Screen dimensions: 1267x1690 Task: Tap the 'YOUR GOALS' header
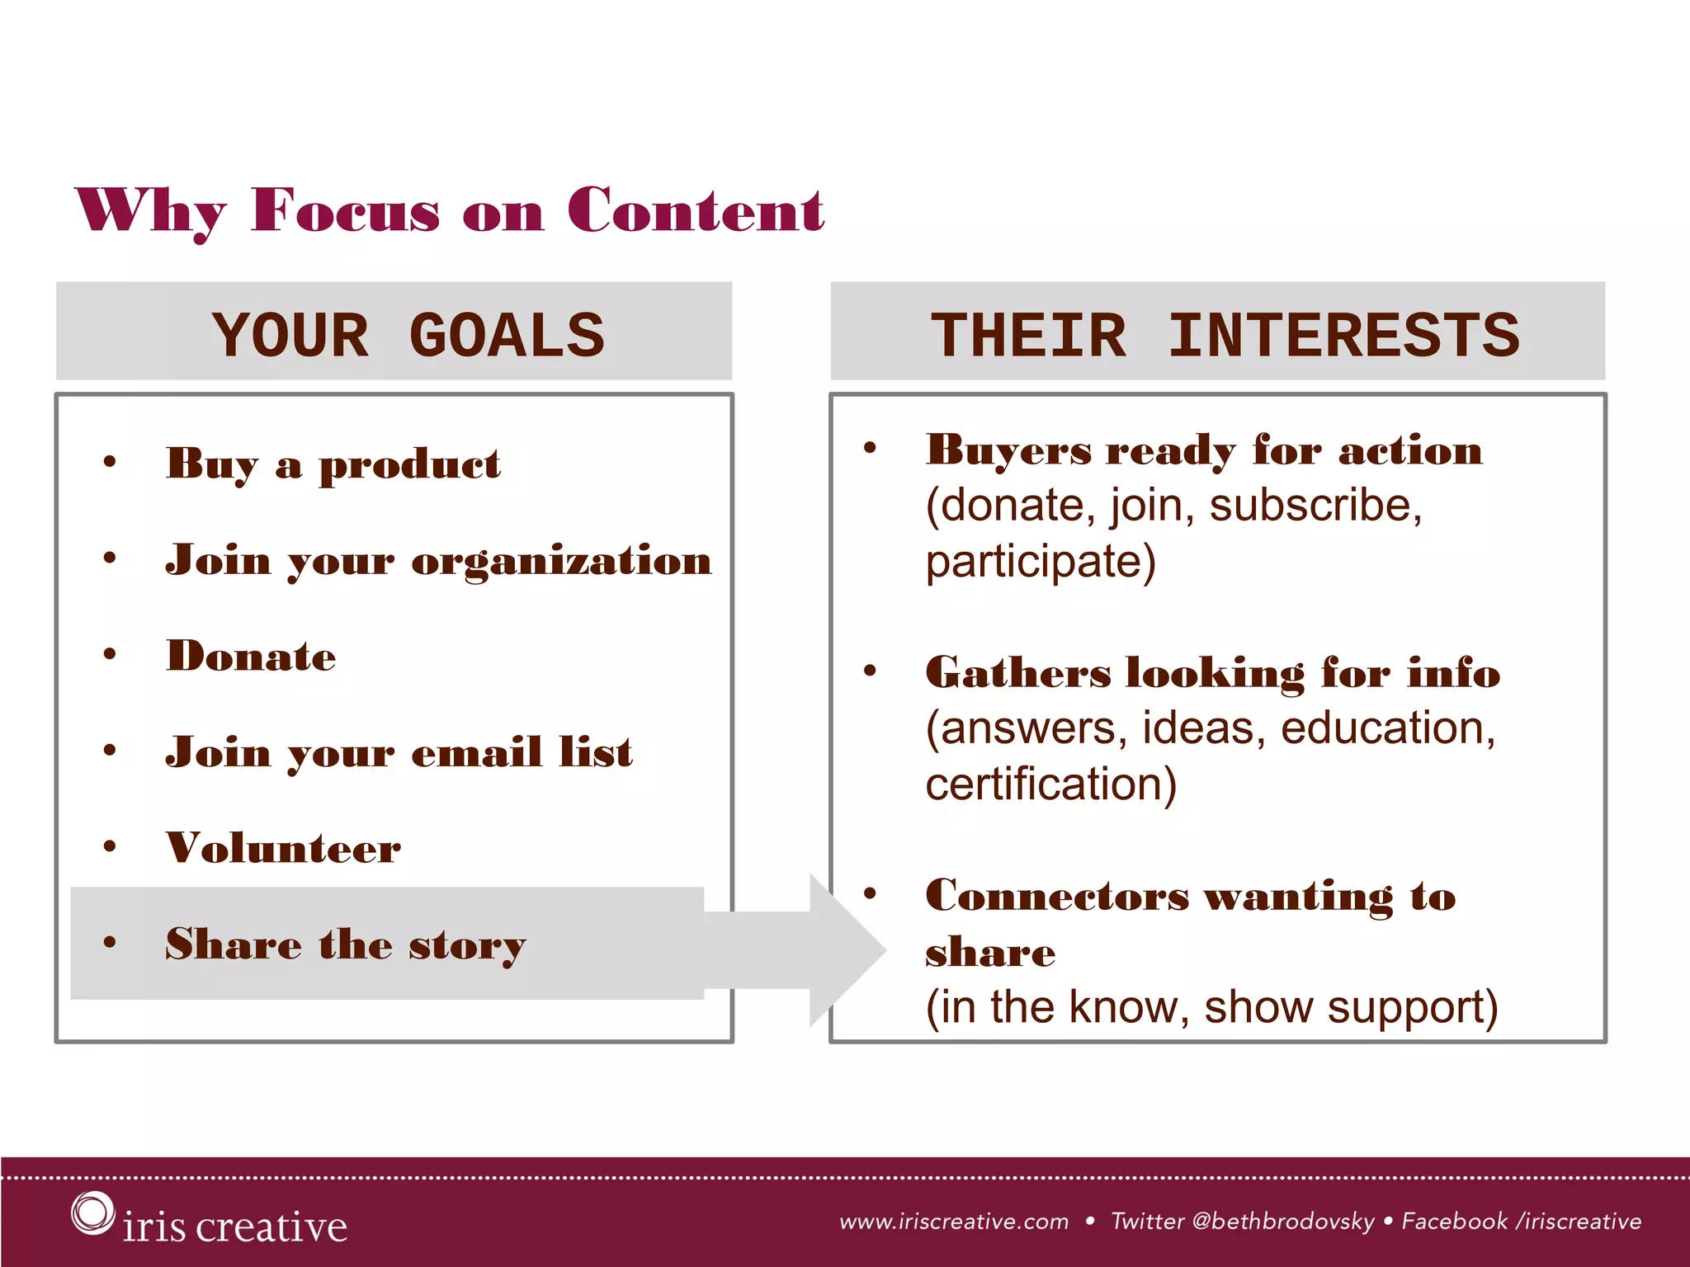(x=408, y=336)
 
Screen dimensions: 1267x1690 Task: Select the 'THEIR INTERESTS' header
(x=1225, y=336)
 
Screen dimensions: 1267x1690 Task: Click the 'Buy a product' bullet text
(x=333, y=464)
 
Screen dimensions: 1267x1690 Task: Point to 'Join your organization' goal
(x=438, y=561)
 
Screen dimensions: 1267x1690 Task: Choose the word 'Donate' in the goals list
(x=251, y=657)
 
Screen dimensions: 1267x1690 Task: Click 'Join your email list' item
(x=399, y=752)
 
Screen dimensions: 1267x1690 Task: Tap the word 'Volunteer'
(x=283, y=848)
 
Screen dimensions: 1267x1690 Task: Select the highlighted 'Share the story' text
(x=345, y=944)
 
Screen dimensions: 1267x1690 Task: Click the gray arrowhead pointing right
(x=846, y=949)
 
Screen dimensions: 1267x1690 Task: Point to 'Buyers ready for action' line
(x=1204, y=451)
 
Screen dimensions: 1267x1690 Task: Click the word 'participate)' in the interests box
(x=1041, y=563)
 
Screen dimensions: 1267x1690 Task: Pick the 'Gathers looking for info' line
(x=1213, y=673)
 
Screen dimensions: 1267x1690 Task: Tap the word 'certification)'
(x=1050, y=784)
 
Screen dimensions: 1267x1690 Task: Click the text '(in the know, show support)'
(x=1211, y=1007)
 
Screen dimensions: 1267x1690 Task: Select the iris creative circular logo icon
(x=92, y=1213)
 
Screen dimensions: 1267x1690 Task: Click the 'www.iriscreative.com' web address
(x=954, y=1222)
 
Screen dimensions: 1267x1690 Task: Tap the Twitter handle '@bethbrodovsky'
(x=1283, y=1222)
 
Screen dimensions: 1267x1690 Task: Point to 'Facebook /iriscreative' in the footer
(x=1522, y=1222)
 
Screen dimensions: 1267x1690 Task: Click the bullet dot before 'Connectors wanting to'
(x=870, y=893)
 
